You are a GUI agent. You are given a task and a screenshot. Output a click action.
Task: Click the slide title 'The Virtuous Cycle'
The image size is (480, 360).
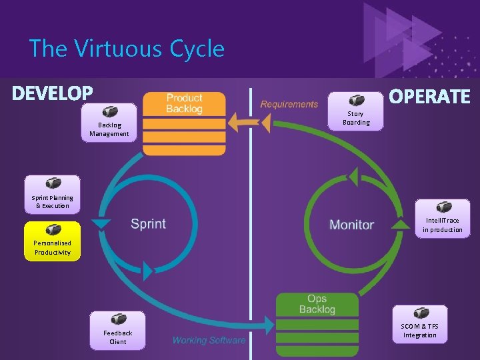[127, 49]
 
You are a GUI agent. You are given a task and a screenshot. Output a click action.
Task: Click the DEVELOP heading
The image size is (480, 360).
[53, 93]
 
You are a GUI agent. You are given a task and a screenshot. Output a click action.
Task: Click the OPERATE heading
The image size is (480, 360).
[429, 97]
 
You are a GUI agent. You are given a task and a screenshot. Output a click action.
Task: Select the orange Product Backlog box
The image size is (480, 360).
[184, 123]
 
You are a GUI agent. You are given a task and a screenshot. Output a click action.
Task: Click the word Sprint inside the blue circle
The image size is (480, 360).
[148, 223]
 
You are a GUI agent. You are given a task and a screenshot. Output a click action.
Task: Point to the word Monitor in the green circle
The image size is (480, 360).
[351, 225]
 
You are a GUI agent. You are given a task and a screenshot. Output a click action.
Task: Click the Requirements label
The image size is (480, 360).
[289, 104]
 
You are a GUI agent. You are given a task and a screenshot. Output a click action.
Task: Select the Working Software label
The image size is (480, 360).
[209, 340]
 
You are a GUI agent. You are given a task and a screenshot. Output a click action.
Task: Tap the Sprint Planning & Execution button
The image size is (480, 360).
[53, 194]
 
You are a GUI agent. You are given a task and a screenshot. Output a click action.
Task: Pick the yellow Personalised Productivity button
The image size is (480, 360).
[53, 240]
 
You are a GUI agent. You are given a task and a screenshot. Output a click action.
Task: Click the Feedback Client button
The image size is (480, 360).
[118, 330]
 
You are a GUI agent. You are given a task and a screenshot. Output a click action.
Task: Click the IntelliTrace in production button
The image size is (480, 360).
[442, 218]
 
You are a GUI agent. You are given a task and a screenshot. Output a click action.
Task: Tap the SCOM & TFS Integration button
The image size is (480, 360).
[419, 324]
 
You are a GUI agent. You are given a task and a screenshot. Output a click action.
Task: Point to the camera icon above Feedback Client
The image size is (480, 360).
[118, 319]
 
